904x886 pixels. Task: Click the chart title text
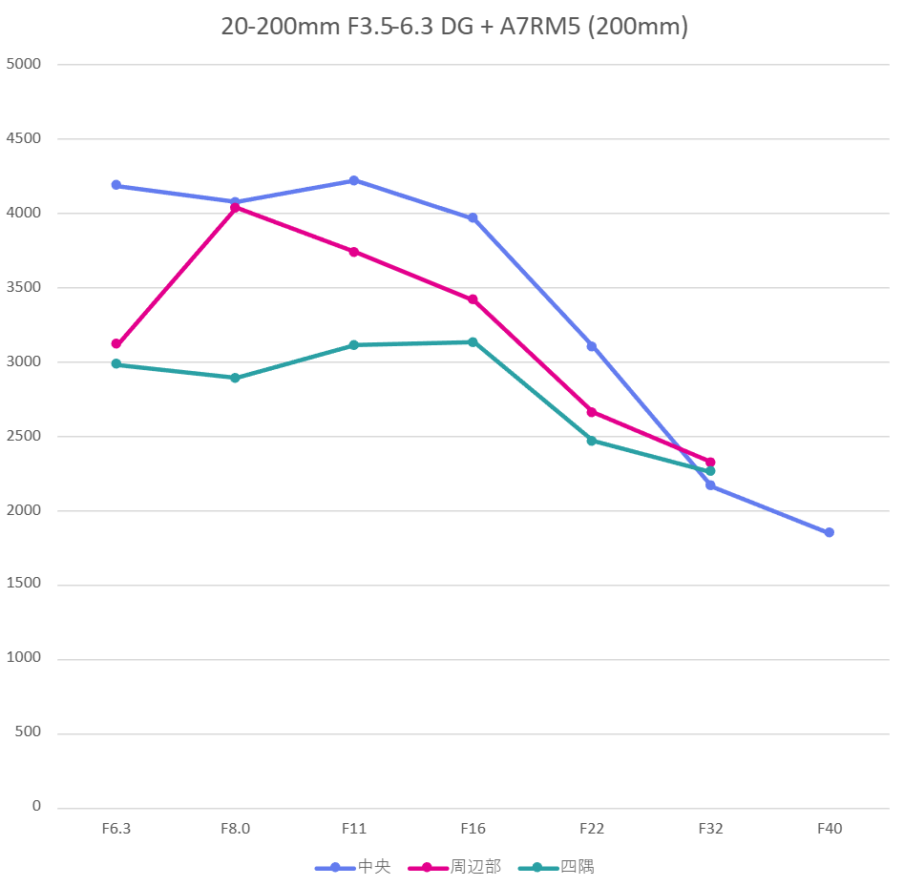454,27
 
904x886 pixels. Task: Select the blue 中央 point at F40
830,532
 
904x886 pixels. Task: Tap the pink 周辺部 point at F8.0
235,208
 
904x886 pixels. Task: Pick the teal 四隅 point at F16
473,342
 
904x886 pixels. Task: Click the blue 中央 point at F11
354,180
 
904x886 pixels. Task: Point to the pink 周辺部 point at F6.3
116,344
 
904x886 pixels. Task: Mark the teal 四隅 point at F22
592,441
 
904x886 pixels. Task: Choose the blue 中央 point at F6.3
116,185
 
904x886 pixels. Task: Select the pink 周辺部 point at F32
710,463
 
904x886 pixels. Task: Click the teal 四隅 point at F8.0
235,378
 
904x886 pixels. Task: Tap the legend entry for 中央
354,867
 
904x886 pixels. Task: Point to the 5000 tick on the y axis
24,64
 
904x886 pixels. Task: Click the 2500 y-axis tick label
24,436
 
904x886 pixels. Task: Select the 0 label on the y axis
36,807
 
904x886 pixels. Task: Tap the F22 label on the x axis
592,829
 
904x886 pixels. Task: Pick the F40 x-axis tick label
830,829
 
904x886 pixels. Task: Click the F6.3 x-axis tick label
116,829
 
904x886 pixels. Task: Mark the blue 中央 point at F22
592,346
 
